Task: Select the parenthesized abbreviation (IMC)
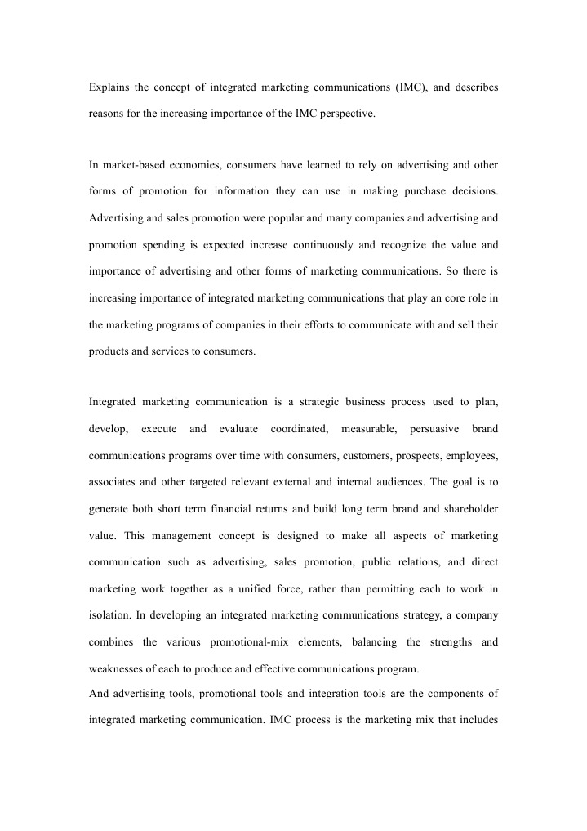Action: click(397, 87)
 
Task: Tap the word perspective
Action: click(349, 114)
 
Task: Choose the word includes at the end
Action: click(475, 722)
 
